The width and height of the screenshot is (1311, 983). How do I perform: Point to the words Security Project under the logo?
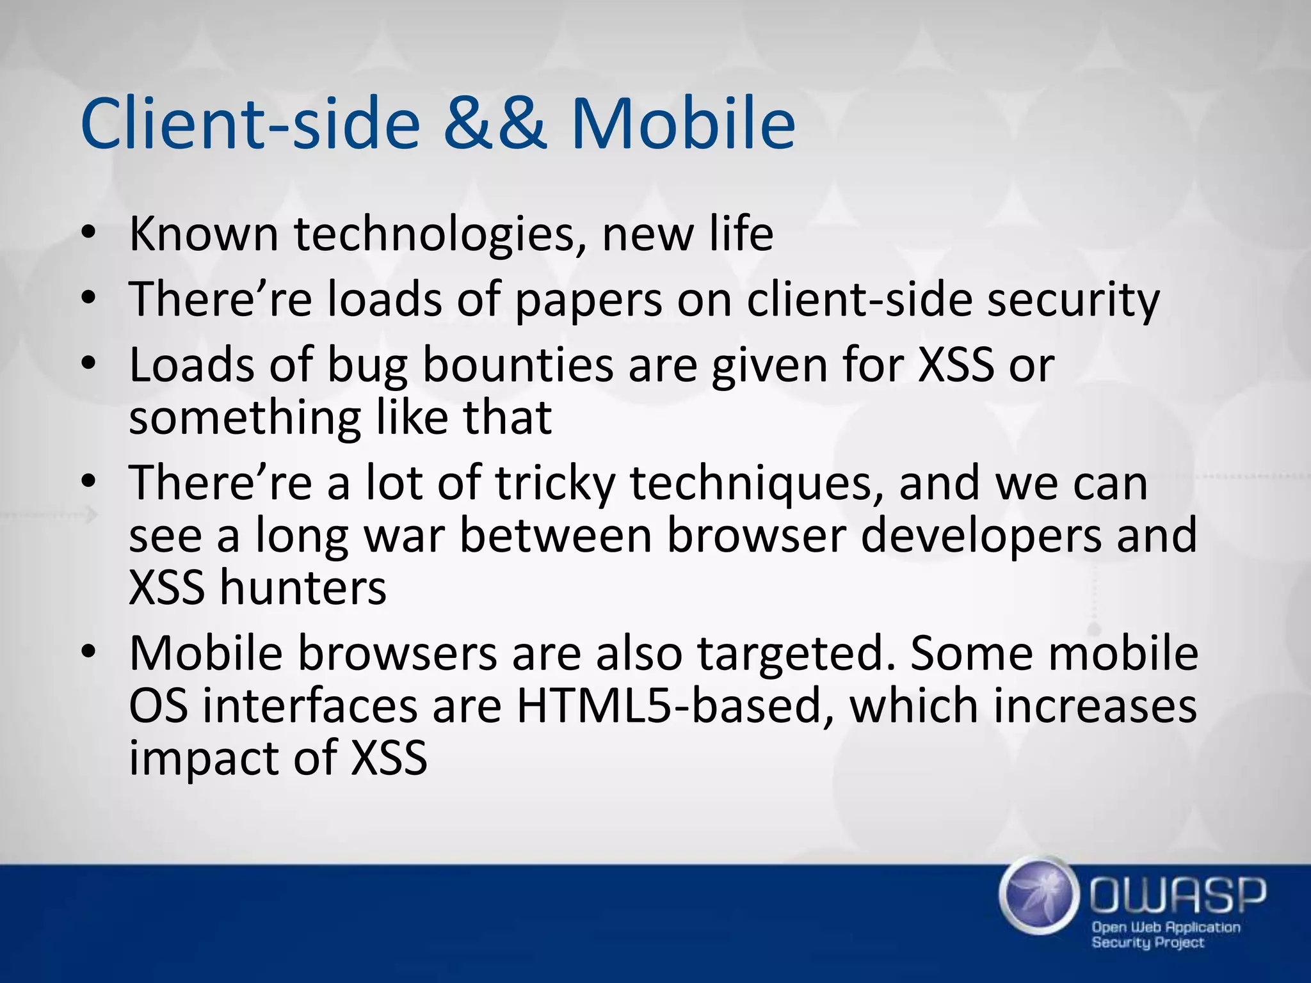pyautogui.click(x=1148, y=942)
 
